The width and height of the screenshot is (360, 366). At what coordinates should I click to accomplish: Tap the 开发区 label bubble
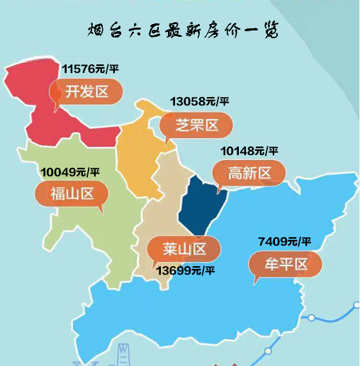(x=86, y=92)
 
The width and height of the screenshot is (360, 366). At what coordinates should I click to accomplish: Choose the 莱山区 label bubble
(x=184, y=248)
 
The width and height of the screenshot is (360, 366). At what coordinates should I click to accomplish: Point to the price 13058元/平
(x=200, y=102)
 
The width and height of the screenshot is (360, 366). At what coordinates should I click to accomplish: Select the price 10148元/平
(x=249, y=151)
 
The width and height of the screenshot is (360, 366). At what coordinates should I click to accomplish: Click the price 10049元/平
(x=69, y=171)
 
